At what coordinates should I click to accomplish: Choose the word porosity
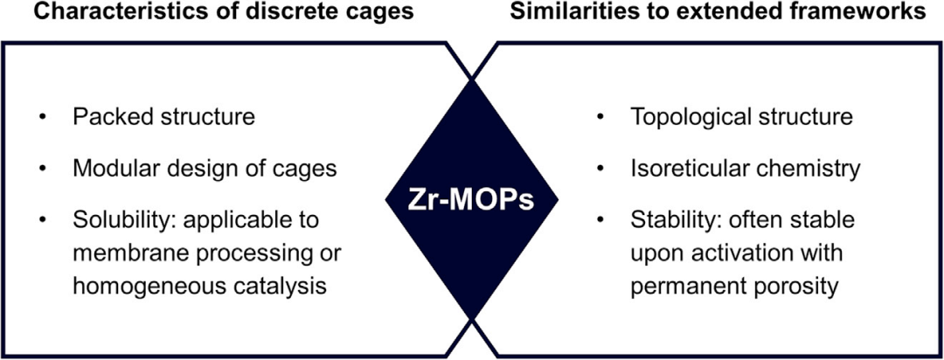798,286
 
